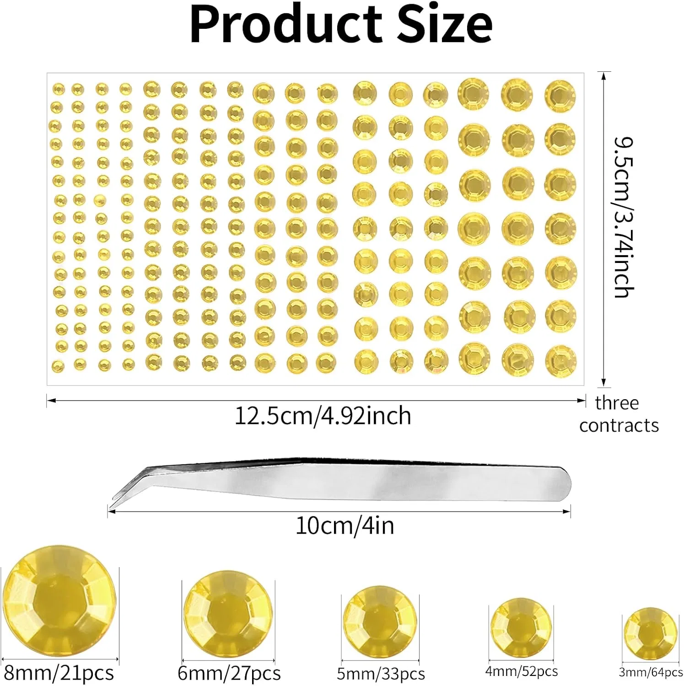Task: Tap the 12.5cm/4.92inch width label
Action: [323, 416]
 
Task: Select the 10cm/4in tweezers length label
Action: [345, 525]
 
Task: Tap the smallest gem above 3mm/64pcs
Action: [651, 634]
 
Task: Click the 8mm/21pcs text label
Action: [59, 673]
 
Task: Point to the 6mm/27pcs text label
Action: [229, 673]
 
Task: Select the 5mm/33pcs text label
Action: [381, 674]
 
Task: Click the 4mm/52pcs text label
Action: [522, 671]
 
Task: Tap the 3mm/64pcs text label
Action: [651, 672]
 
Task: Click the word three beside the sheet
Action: [617, 403]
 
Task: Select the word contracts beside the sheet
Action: [619, 426]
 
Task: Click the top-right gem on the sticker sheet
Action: [560, 96]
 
